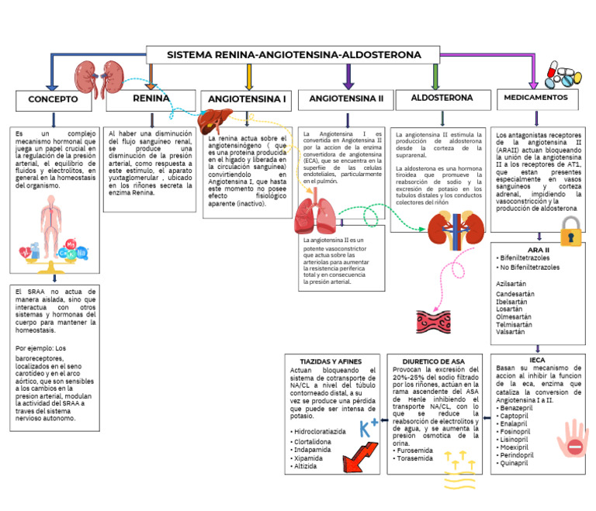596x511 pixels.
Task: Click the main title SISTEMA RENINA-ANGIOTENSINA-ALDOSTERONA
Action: [294, 55]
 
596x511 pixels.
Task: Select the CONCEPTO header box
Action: [54, 100]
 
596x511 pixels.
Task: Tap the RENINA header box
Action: [151, 98]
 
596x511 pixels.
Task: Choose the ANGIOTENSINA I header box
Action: [247, 100]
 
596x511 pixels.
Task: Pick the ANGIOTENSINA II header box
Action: [346, 99]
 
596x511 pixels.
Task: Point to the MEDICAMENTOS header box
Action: [535, 98]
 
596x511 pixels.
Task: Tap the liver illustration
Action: [210, 122]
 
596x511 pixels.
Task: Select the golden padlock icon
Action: [571, 230]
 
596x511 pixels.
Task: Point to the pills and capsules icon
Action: [562, 75]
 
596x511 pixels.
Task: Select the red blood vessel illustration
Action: [433, 320]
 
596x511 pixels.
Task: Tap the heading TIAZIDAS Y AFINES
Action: [331, 361]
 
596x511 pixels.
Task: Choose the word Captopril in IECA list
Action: [516, 416]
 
